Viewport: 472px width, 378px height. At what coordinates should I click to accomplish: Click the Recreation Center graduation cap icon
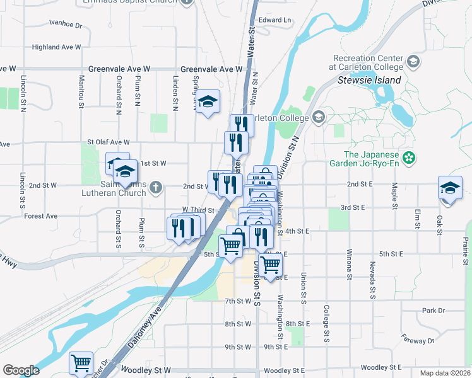tap(413, 61)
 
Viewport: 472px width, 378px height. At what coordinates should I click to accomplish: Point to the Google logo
tap(21, 370)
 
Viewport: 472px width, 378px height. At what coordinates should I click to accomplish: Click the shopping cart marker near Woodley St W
tap(81, 363)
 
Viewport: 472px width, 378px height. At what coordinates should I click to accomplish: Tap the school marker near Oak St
tap(450, 188)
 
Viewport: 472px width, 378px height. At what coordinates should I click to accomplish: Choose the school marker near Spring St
tap(208, 102)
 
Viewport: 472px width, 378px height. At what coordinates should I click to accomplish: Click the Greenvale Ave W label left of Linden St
tap(119, 69)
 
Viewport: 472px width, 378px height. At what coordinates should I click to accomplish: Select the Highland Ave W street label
tap(57, 47)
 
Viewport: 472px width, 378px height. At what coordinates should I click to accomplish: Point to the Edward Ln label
tap(274, 20)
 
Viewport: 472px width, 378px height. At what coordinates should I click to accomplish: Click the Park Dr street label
tap(434, 311)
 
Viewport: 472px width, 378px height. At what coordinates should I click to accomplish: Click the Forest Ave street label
tap(40, 216)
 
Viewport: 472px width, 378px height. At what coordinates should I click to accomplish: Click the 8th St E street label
tap(298, 324)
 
